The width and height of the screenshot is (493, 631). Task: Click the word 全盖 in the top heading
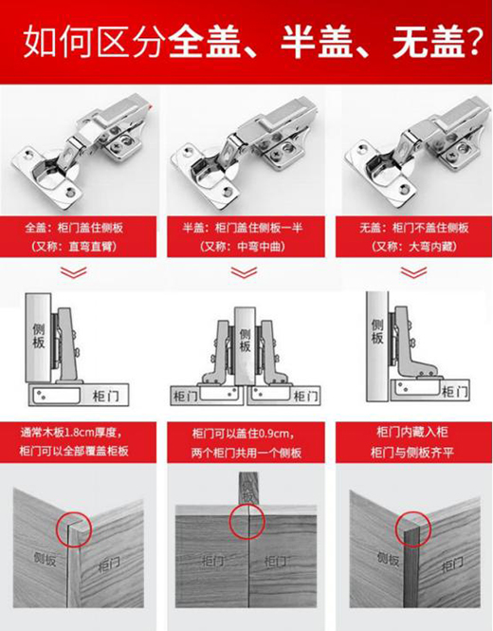pos(204,42)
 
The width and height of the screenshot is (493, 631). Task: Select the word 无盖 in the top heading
pos(429,42)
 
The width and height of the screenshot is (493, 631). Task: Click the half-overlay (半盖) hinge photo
pos(246,154)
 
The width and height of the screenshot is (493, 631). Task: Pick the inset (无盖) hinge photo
pos(417,152)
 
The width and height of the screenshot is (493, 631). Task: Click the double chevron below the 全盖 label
pos(74,272)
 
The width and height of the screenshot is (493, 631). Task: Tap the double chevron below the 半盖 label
pos(244,272)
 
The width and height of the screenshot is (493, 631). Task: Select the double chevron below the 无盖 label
pos(413,272)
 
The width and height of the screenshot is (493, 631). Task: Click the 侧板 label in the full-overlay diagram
pos(38,336)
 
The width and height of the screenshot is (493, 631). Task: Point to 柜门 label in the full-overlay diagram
pos(105,396)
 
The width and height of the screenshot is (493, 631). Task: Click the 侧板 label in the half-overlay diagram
pos(245,340)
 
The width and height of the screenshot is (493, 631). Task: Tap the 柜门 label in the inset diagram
pos(454,392)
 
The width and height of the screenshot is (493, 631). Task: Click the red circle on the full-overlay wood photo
pos(74,529)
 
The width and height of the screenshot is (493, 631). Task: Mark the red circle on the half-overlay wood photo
pos(246,521)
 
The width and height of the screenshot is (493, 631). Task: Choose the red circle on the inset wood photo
pos(413,529)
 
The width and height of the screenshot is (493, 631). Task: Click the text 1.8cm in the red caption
pos(80,433)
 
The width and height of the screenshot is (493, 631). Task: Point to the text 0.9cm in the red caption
pos(274,434)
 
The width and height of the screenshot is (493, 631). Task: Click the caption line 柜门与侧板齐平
pos(412,453)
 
